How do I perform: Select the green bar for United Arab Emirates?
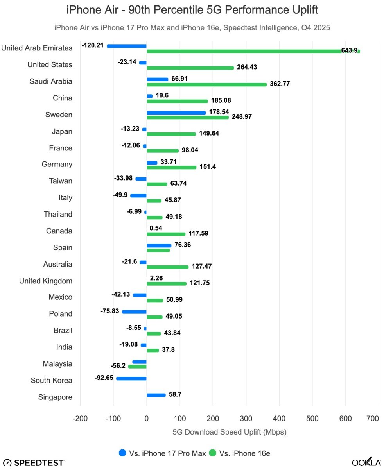pyautogui.click(x=253, y=51)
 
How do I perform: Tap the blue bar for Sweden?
pyautogui.click(x=176, y=113)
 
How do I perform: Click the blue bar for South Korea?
pyautogui.click(x=131, y=378)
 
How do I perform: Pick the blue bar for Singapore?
pyautogui.click(x=156, y=395)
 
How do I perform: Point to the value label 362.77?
pyautogui.click(x=280, y=84)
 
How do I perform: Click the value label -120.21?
pyautogui.click(x=93, y=45)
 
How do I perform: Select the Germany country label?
pyautogui.click(x=57, y=164)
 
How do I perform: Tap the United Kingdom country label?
pyautogui.click(x=46, y=281)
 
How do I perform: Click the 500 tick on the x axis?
pyautogui.click(x=312, y=419)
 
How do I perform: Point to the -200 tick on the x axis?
pyautogui.click(x=80, y=419)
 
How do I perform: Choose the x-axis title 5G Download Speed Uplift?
pyautogui.click(x=230, y=432)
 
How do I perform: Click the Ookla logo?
pyautogui.click(x=366, y=462)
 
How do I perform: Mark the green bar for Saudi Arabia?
pyautogui.click(x=206, y=84)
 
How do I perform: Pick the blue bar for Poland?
pyautogui.click(x=134, y=312)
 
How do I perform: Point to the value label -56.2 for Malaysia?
pyautogui.click(x=118, y=366)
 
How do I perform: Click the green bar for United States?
pyautogui.click(x=190, y=68)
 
